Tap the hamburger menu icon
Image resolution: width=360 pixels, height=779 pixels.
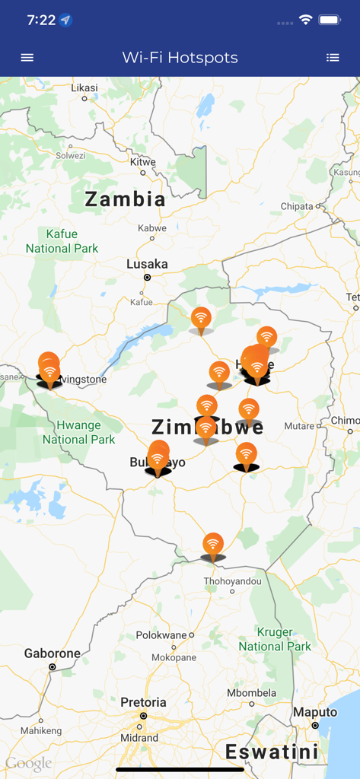[27, 57]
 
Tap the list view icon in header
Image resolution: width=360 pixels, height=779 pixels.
[333, 57]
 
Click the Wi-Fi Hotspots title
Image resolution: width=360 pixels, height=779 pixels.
[180, 57]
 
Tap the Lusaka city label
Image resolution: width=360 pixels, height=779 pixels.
[147, 264]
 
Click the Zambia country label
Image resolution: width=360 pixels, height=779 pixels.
[125, 199]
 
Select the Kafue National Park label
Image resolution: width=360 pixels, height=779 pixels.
[62, 241]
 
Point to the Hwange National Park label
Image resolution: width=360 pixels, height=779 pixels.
[78, 432]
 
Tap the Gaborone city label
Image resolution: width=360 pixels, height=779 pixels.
[52, 653]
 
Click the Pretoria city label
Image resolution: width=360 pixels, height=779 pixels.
[143, 702]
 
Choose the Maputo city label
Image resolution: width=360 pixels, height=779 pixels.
[315, 712]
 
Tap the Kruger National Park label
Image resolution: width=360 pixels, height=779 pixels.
[275, 639]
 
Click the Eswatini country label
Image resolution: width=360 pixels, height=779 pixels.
[272, 752]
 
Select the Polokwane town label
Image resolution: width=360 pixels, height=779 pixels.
[161, 635]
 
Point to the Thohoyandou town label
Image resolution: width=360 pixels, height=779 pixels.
[232, 581]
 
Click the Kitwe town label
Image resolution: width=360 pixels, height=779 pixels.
[143, 162]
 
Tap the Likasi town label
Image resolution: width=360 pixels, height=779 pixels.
[84, 87]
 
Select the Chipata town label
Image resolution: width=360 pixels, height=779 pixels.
[297, 206]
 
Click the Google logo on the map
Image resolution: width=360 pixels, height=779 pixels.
[29, 763]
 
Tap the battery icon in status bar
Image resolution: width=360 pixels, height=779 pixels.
[329, 20]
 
